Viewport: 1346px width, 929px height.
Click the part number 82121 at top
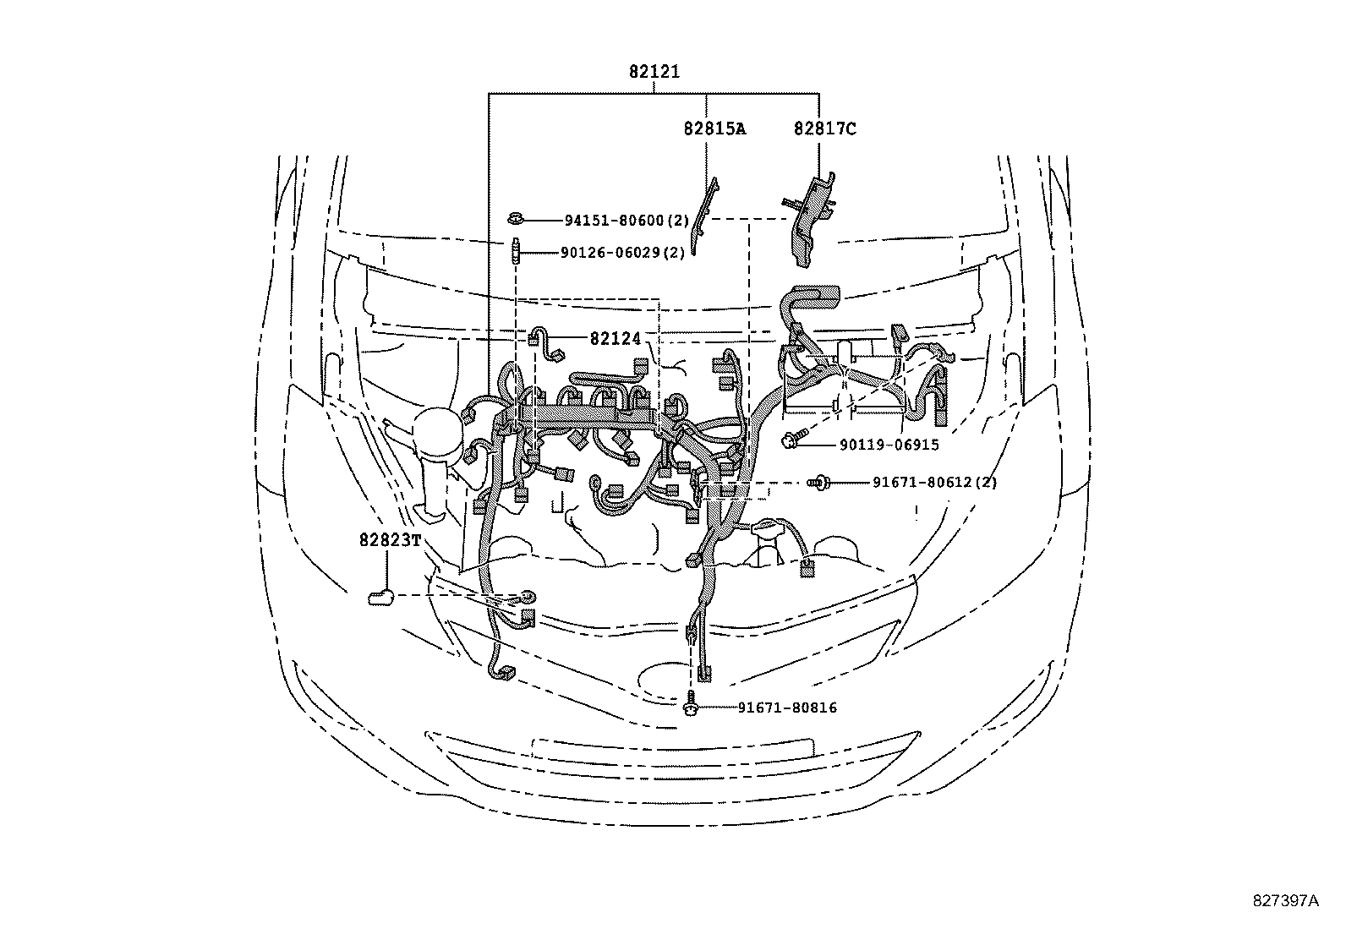click(654, 73)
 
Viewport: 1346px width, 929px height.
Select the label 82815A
click(714, 128)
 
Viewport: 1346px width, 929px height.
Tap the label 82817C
click(824, 128)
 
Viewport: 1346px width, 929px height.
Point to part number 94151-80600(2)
click(626, 221)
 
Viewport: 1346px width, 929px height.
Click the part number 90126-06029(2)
click(622, 252)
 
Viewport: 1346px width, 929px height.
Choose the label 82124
click(616, 338)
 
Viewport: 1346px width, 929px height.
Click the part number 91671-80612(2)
click(934, 483)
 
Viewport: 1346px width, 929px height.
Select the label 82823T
click(389, 538)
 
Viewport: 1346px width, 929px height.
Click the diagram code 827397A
click(1285, 900)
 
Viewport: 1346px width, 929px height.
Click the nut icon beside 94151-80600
click(515, 220)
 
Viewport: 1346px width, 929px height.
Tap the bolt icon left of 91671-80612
click(819, 483)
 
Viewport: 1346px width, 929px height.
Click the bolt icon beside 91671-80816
click(692, 704)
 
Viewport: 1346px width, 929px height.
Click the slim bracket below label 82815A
click(703, 216)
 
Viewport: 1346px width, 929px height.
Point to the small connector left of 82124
click(535, 339)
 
